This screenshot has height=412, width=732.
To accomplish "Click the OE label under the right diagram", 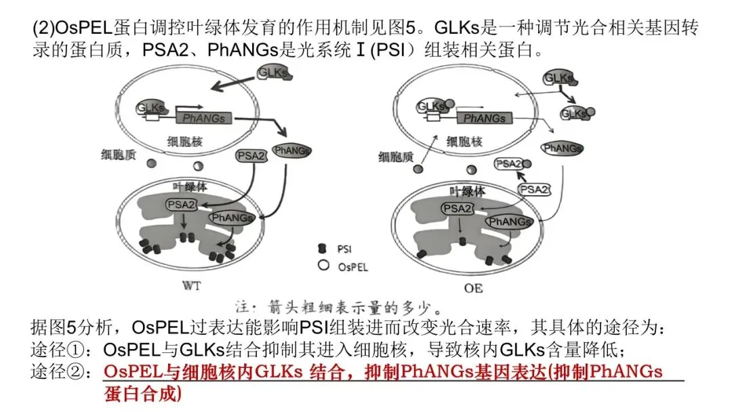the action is click(x=474, y=288).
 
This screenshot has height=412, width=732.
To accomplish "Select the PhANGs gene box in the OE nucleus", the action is click(x=485, y=119).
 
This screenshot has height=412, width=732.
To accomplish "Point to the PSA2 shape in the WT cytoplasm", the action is click(x=252, y=156).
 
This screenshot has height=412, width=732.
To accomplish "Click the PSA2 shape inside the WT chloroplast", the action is click(x=181, y=204).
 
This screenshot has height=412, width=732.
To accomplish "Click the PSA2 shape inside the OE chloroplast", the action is click(x=458, y=209).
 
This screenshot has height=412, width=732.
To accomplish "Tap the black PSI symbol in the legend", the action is click(x=323, y=249).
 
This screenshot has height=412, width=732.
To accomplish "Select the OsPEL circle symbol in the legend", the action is click(x=323, y=266).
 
